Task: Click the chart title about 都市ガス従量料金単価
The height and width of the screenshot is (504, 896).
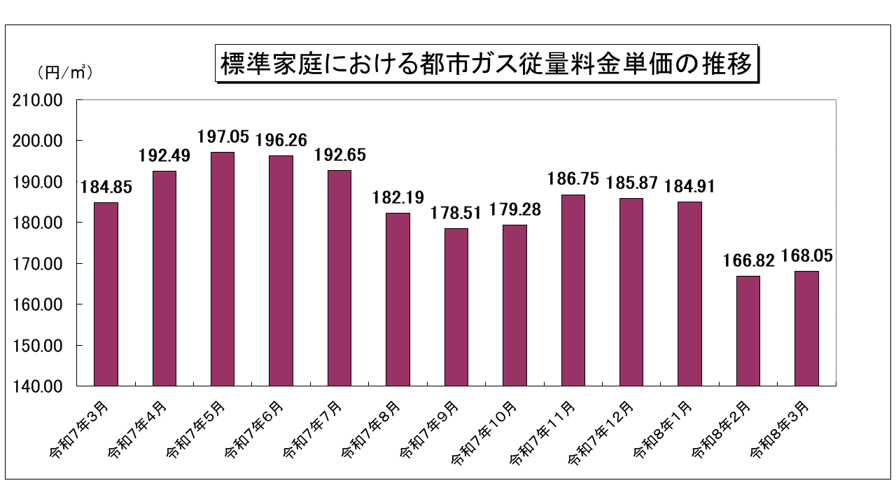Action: [486, 64]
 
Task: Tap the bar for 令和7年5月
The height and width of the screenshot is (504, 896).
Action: [223, 269]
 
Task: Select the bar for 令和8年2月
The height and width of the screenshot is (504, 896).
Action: [748, 330]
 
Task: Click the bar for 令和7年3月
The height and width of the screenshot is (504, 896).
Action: [106, 294]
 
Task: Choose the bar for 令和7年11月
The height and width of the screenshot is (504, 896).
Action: [573, 290]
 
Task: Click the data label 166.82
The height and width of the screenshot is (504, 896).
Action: [748, 260]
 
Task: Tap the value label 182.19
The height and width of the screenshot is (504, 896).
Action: [398, 197]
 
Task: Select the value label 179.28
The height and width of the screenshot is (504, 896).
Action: [515, 209]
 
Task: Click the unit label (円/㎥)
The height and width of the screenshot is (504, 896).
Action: [62, 71]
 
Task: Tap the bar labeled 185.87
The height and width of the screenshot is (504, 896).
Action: [631, 292]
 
